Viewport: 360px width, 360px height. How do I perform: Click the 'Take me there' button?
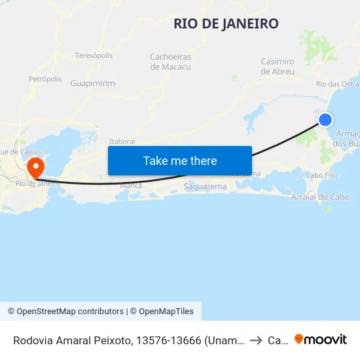coord(180,160)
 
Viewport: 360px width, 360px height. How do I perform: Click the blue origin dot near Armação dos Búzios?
coord(325,119)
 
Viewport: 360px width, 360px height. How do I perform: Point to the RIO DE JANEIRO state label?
coord(226,24)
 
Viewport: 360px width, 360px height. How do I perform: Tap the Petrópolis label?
coord(45,79)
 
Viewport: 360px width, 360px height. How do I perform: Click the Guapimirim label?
coord(93,84)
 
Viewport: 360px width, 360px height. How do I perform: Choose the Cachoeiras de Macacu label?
coord(170,62)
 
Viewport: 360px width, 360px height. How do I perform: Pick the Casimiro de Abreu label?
coord(278,66)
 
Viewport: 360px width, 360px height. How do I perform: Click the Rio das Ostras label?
coord(337,84)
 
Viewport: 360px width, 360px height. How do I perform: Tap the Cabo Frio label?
coord(321,175)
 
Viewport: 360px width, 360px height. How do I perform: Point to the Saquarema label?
coord(206,187)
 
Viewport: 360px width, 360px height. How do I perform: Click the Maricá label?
coord(131,185)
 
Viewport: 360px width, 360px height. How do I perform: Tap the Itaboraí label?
coord(122,141)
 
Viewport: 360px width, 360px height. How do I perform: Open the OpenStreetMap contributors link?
coord(70,312)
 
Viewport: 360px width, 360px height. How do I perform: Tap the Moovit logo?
coord(321,339)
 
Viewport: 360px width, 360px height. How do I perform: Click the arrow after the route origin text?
coord(256,340)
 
